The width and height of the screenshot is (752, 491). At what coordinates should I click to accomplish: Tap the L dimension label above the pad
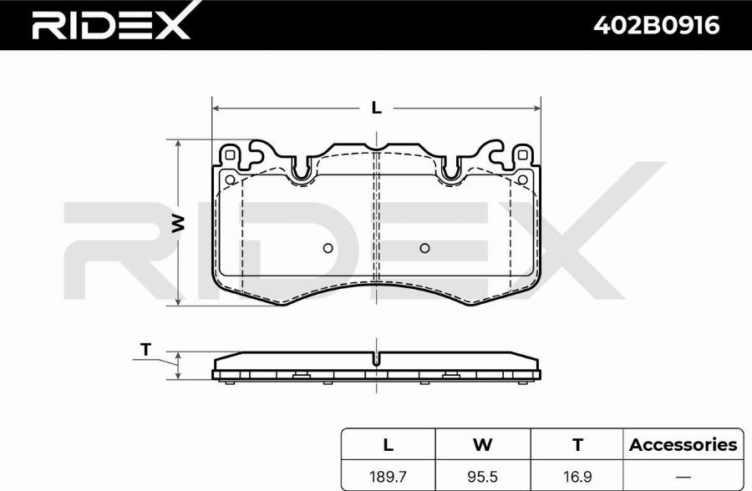coord(376,108)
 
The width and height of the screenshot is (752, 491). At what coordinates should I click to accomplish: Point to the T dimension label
coord(146,351)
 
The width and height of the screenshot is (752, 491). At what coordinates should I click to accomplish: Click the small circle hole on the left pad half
coord(328,248)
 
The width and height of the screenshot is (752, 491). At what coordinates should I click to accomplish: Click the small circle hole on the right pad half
coord(424,248)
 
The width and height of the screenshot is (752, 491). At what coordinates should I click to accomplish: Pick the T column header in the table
coord(577,444)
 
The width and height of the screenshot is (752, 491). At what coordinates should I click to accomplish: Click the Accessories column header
coord(683,444)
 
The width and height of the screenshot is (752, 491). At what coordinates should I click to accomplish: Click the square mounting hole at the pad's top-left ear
coord(229,154)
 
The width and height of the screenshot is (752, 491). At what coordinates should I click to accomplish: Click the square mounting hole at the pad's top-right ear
coord(523,154)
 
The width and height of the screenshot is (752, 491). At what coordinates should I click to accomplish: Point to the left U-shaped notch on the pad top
coord(302,171)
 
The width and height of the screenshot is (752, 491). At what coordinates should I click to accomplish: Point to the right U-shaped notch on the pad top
coord(451,171)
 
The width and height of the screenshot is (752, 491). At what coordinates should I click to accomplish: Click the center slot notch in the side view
coord(377,360)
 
